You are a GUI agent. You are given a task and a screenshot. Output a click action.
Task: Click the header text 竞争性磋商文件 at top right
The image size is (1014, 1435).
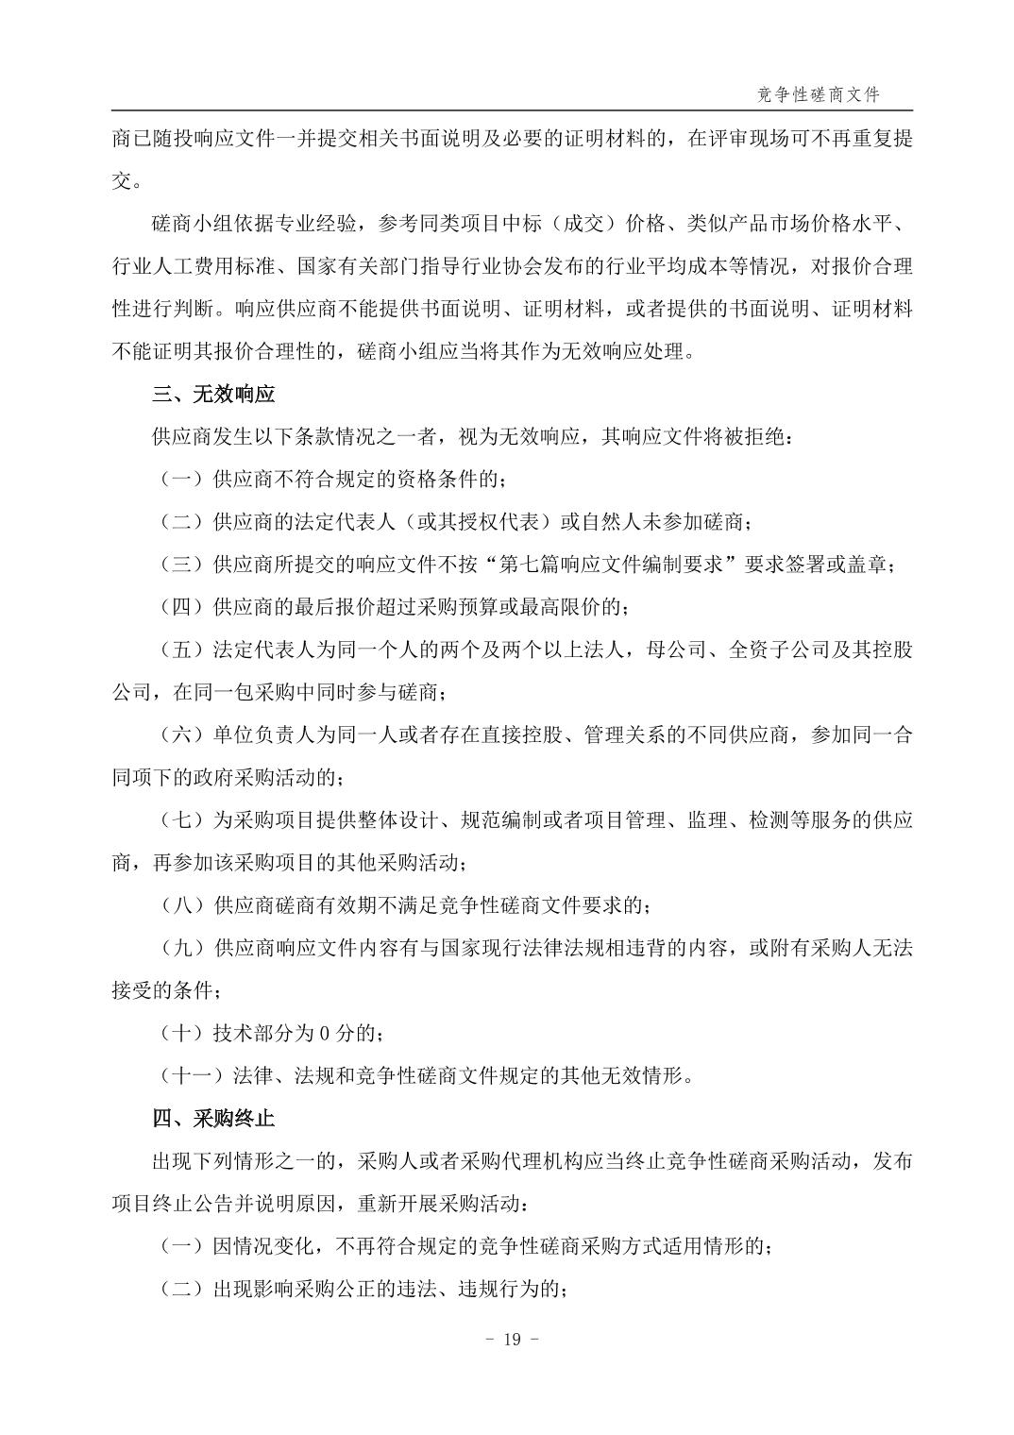pos(819,94)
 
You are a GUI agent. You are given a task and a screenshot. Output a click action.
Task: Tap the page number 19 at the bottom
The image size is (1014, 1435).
pos(513,1340)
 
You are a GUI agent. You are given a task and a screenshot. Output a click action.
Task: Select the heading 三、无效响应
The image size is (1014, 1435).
pos(213,394)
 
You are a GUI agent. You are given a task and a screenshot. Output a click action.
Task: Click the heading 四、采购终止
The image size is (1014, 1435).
pos(213,1119)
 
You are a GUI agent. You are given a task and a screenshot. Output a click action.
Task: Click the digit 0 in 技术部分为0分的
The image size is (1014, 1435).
pos(322,1033)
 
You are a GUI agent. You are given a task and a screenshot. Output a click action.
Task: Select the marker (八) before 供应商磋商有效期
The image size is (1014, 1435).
pos(182,905)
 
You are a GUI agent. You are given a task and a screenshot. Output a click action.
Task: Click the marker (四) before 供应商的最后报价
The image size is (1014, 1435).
pos(182,607)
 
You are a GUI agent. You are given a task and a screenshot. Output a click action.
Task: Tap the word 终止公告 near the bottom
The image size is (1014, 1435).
pos(214,1204)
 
